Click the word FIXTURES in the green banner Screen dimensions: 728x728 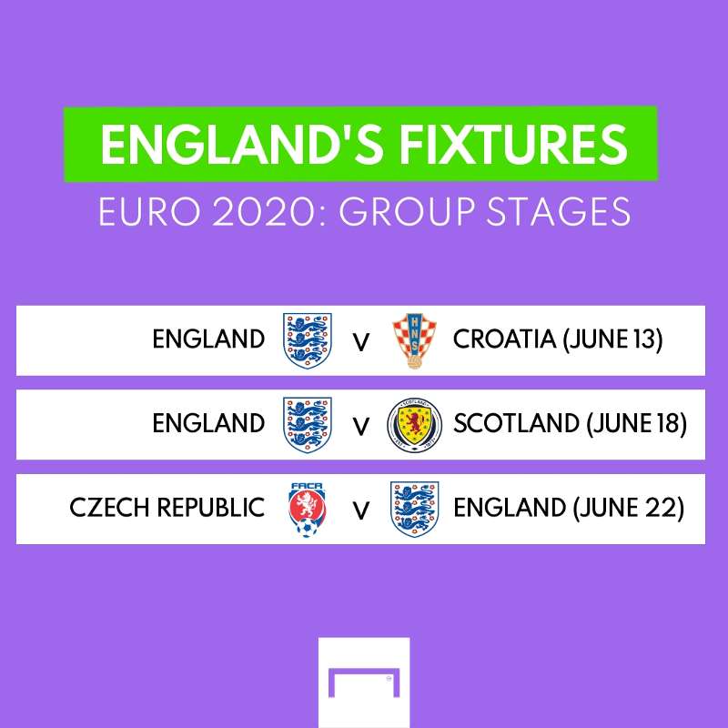click(513, 145)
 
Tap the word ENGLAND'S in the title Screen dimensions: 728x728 click(242, 145)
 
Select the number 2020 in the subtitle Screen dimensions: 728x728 click(267, 212)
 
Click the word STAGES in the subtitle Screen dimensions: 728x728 click(559, 212)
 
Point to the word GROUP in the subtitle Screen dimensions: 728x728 click(406, 212)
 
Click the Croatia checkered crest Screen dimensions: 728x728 click(414, 340)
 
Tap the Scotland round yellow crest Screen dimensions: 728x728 click(415, 425)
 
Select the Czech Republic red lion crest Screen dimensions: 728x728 click(307, 510)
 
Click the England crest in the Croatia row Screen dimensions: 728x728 click(308, 340)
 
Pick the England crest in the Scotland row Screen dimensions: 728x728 click(308, 425)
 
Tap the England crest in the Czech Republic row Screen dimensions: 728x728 click(415, 510)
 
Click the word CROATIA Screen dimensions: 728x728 click(504, 339)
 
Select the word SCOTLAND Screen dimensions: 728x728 click(516, 423)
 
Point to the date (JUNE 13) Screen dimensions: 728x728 click(612, 339)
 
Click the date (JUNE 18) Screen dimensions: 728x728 click(636, 423)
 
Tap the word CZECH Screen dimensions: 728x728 click(109, 507)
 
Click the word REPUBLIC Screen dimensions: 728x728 click(211, 507)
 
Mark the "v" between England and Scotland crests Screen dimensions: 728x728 click(360, 427)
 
